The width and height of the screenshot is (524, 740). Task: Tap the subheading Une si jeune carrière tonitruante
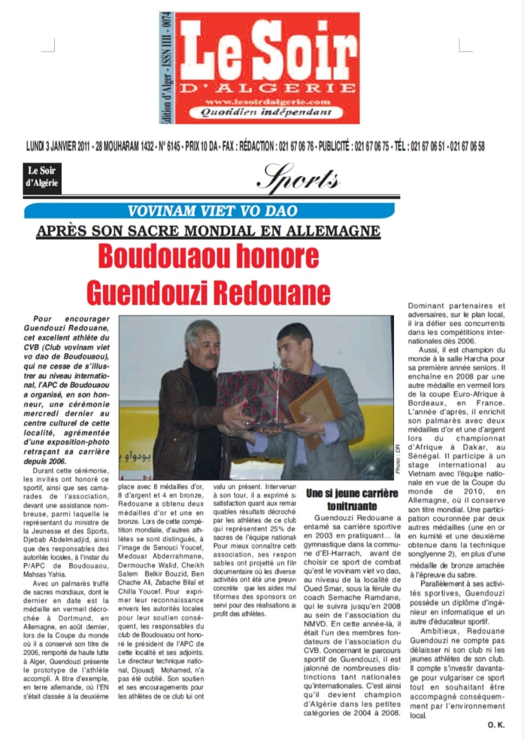point(352,499)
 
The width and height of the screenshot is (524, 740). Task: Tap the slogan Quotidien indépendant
point(266,113)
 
